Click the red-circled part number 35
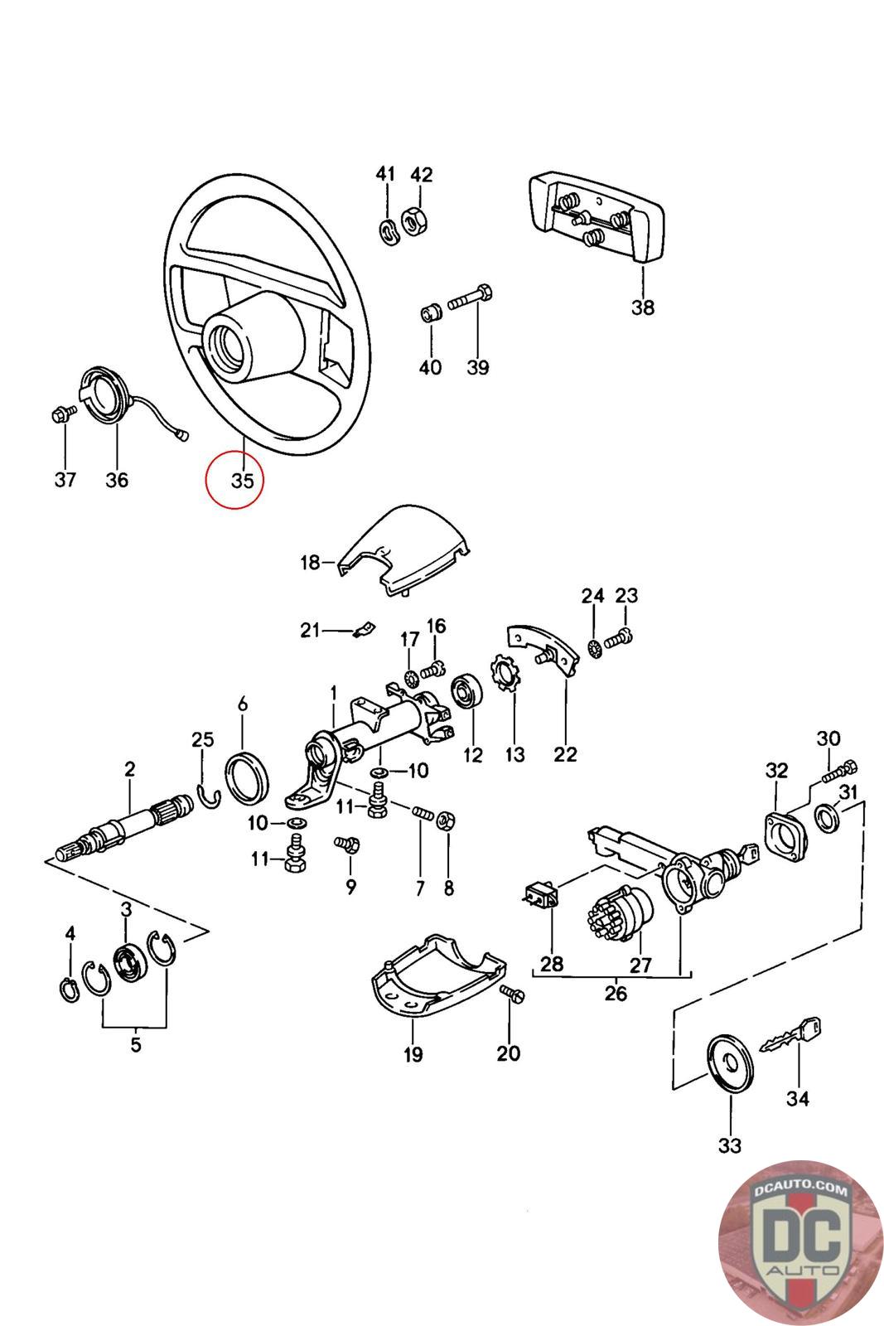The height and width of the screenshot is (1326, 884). click(x=241, y=479)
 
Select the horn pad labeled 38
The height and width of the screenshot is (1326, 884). click(x=588, y=220)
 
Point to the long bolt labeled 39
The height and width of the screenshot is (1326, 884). click(x=471, y=300)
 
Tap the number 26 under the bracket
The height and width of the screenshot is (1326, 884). click(x=616, y=993)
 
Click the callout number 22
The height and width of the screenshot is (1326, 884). click(x=567, y=754)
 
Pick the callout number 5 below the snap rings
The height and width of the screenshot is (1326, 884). click(x=136, y=1043)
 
